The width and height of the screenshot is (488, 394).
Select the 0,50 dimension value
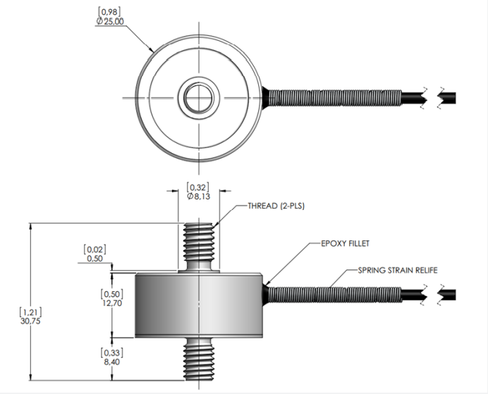coord(94,259)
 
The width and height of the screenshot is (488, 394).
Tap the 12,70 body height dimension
coord(104,304)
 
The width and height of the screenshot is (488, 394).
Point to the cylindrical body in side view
coord(200,304)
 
